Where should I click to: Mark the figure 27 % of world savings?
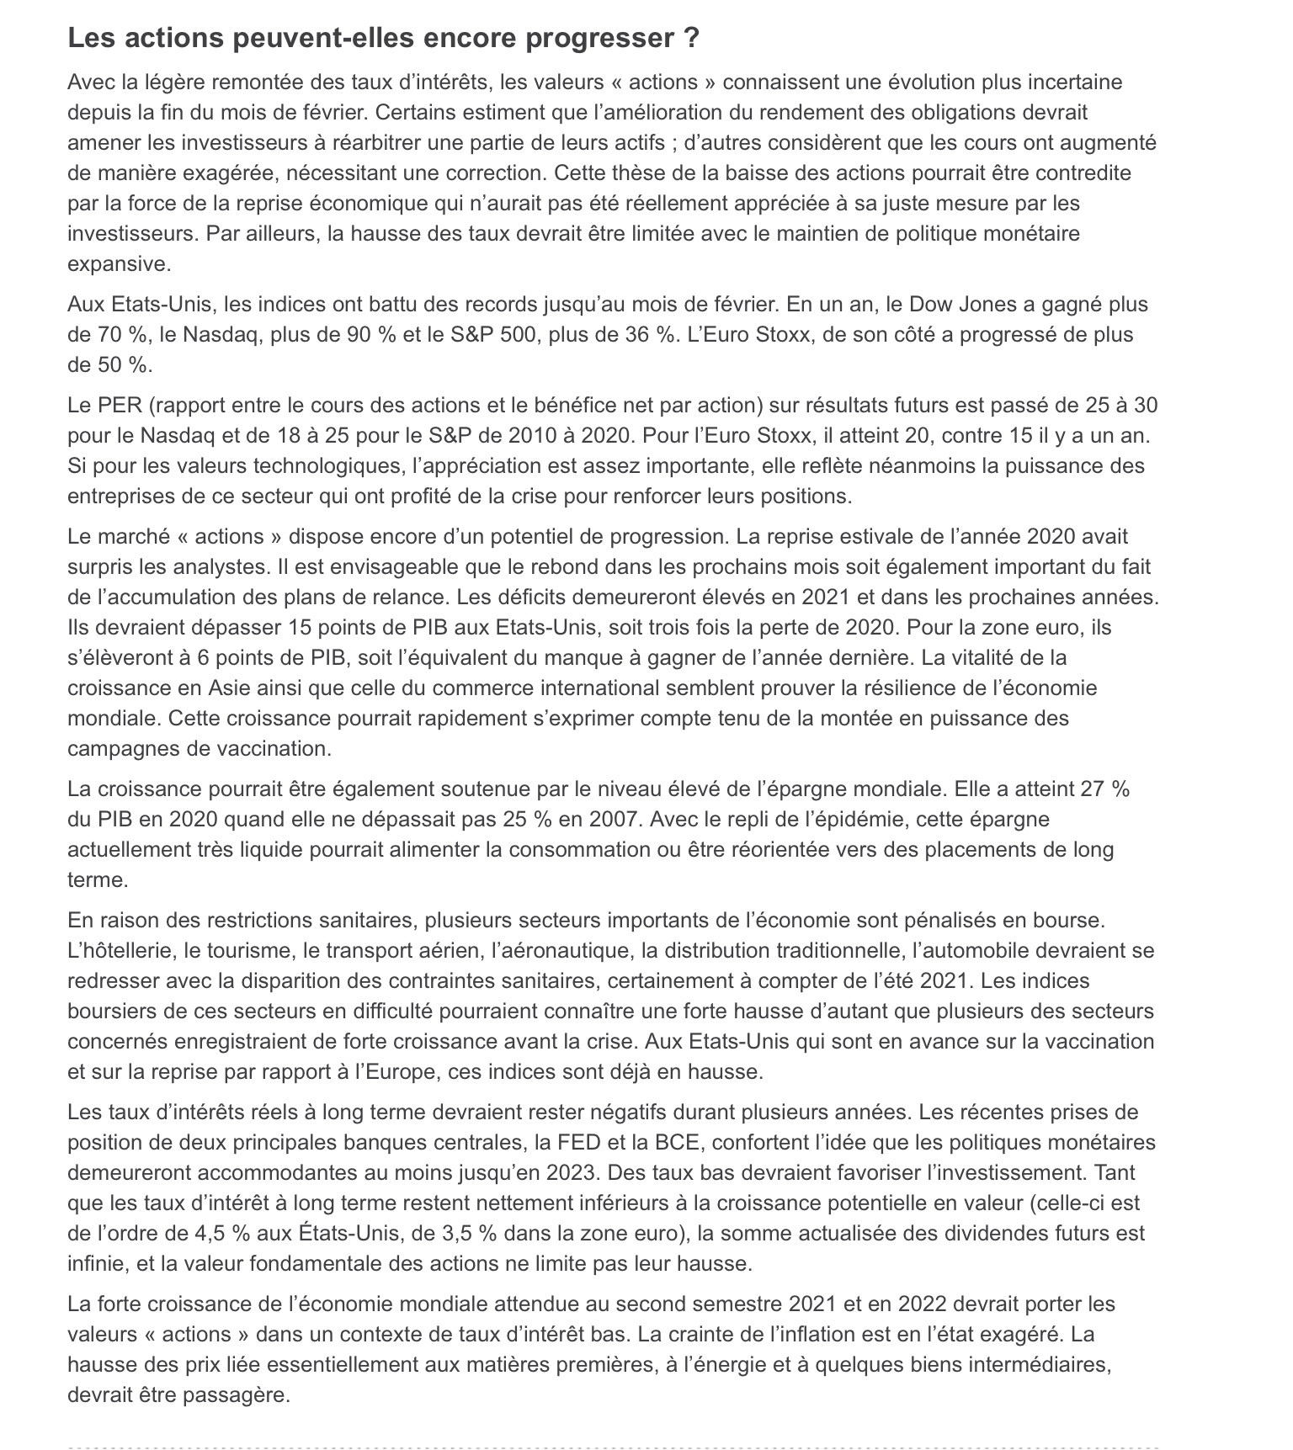[x=1104, y=789]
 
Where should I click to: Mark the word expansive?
[x=119, y=263]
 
